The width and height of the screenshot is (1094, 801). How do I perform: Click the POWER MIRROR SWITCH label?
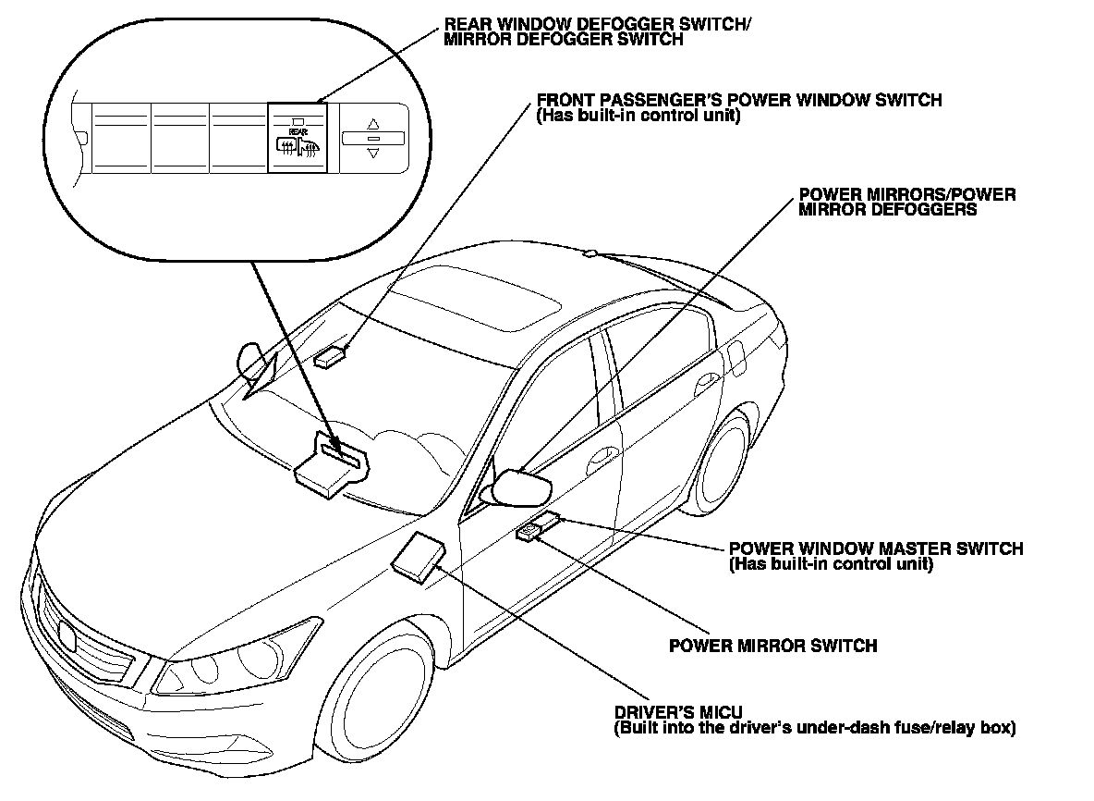[x=772, y=646]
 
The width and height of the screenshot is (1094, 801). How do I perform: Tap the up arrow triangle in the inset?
[x=373, y=122]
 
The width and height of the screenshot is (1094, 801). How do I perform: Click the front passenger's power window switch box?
[x=333, y=357]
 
